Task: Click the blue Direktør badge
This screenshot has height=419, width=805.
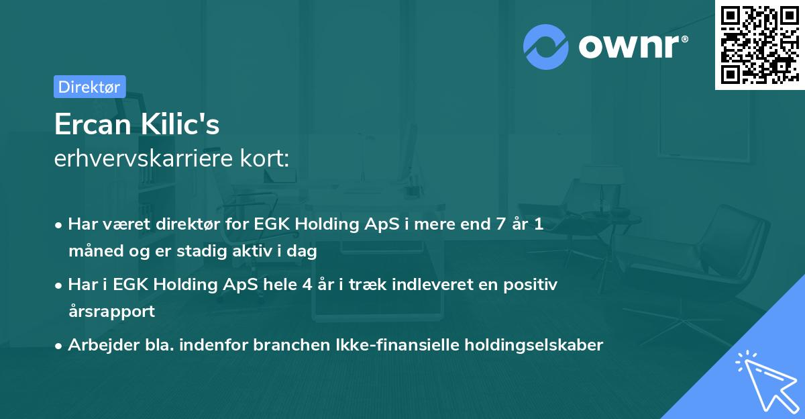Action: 90,87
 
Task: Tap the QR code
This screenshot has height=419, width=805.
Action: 759,44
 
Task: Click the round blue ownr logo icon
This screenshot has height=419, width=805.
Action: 546,47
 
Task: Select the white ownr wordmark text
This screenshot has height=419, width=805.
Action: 629,46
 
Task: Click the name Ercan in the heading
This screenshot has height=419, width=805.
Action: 93,124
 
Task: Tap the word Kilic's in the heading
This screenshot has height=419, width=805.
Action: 180,124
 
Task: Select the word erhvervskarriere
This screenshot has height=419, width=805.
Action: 144,158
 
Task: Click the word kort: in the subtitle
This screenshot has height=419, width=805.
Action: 264,158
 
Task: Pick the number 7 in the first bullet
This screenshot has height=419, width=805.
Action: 501,224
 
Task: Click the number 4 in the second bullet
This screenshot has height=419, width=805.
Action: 307,285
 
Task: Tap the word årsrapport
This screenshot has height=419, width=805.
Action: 111,312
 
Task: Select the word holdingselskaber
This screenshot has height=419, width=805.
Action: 534,345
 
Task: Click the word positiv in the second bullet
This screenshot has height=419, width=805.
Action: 531,285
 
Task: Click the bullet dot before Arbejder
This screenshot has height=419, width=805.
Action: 58,346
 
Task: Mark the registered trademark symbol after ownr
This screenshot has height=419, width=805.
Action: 684,39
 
